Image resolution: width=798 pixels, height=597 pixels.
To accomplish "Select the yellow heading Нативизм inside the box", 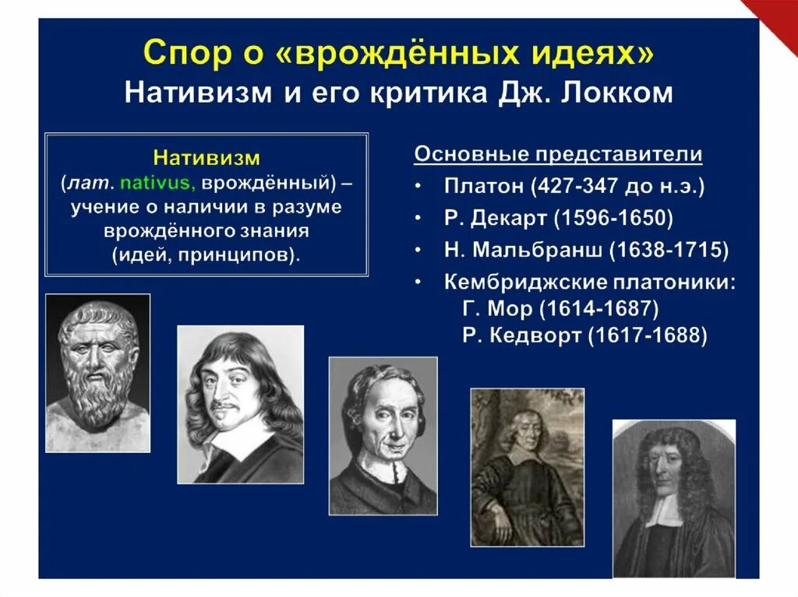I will (x=206, y=159).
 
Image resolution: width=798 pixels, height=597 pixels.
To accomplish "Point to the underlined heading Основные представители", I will (x=558, y=155).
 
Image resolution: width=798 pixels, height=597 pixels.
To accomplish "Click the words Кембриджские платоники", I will (x=589, y=281).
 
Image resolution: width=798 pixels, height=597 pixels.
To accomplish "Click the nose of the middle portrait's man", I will (x=383, y=424).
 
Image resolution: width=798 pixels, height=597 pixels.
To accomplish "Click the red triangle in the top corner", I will (x=775, y=20).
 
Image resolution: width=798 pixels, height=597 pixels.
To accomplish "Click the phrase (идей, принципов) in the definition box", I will (x=205, y=255).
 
